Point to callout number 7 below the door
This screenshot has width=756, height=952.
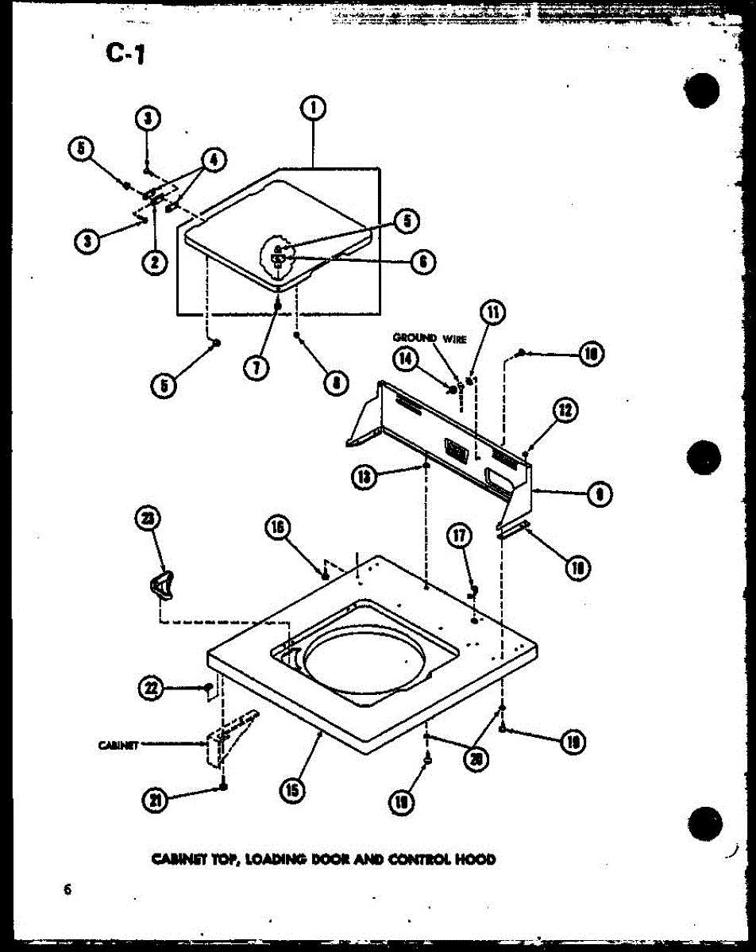[x=256, y=367]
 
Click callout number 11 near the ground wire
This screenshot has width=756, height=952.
[x=494, y=313]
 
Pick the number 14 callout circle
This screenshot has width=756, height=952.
[x=405, y=359]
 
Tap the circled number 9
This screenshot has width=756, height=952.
[x=599, y=495]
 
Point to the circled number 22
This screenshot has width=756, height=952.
[x=148, y=689]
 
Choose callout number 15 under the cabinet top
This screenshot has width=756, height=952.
[x=292, y=789]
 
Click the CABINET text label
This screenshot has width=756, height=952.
[x=119, y=744]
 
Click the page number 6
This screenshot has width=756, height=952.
[x=68, y=889]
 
